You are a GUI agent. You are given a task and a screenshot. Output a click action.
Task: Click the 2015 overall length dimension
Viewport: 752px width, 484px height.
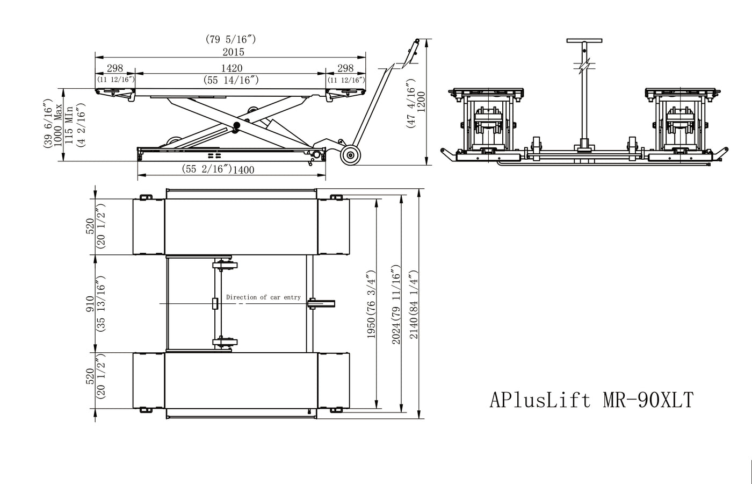pyautogui.click(x=233, y=52)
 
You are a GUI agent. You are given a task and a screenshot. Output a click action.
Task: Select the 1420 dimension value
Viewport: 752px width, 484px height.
pyautogui.click(x=232, y=68)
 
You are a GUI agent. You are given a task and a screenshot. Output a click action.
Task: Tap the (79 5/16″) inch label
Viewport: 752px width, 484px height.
pyautogui.click(x=230, y=39)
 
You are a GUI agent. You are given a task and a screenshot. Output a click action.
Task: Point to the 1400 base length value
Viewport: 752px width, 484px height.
pyautogui.click(x=243, y=170)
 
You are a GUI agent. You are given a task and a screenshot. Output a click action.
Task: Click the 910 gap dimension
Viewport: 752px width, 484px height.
pyautogui.click(x=90, y=303)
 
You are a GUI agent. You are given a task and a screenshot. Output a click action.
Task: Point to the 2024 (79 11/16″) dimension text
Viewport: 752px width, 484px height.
pyautogui.click(x=396, y=305)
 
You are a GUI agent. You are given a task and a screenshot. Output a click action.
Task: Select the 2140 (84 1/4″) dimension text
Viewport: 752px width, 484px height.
pyautogui.click(x=414, y=305)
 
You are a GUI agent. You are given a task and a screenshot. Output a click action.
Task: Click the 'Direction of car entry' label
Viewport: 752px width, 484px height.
pyautogui.click(x=263, y=297)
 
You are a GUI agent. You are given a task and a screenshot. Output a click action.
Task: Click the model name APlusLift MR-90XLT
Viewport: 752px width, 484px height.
pyautogui.click(x=591, y=400)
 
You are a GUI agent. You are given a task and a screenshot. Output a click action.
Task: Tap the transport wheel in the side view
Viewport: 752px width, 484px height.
pyautogui.click(x=351, y=155)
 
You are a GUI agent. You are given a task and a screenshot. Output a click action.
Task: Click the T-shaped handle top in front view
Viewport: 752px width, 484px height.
pyautogui.click(x=584, y=41)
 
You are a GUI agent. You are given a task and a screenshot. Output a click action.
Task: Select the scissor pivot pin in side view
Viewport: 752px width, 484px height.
pyautogui.click(x=236, y=126)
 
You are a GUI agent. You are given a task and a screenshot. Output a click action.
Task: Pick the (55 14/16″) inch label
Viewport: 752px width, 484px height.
pyautogui.click(x=232, y=80)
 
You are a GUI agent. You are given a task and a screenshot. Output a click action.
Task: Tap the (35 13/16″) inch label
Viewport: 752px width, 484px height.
pyautogui.click(x=100, y=303)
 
